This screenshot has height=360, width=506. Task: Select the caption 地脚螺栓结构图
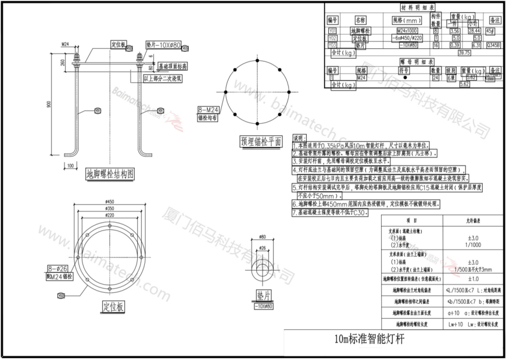pos(110,173)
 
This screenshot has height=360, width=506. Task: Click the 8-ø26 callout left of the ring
pos(54,268)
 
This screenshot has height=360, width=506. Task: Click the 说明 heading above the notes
pos(298,138)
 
